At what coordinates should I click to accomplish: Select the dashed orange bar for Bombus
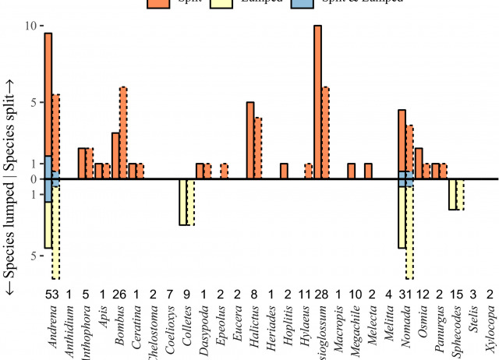(123, 132)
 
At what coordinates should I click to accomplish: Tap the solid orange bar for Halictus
(250, 140)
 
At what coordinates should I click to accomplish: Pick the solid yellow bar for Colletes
(183, 202)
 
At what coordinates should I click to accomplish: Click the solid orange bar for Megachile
(352, 171)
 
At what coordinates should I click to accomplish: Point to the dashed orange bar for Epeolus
(225, 171)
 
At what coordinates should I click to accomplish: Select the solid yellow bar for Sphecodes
(452, 194)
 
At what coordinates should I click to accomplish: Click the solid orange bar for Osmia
(419, 164)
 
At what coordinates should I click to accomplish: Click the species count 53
(51, 295)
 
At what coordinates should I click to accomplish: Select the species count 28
(320, 295)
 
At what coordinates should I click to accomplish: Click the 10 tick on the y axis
(31, 26)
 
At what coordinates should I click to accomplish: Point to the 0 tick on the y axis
(34, 179)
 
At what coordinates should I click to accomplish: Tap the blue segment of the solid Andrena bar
(48, 178)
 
